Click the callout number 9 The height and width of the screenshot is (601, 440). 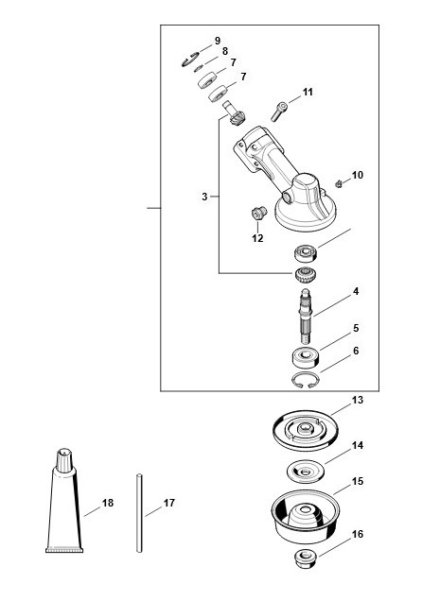(218, 41)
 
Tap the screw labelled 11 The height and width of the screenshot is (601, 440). (279, 112)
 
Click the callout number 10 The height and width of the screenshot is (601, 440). (357, 175)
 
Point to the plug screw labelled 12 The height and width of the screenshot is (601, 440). (259, 213)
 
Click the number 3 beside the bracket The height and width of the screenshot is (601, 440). (204, 197)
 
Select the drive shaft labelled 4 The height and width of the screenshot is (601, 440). (306, 316)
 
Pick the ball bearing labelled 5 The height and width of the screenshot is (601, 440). (305, 358)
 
